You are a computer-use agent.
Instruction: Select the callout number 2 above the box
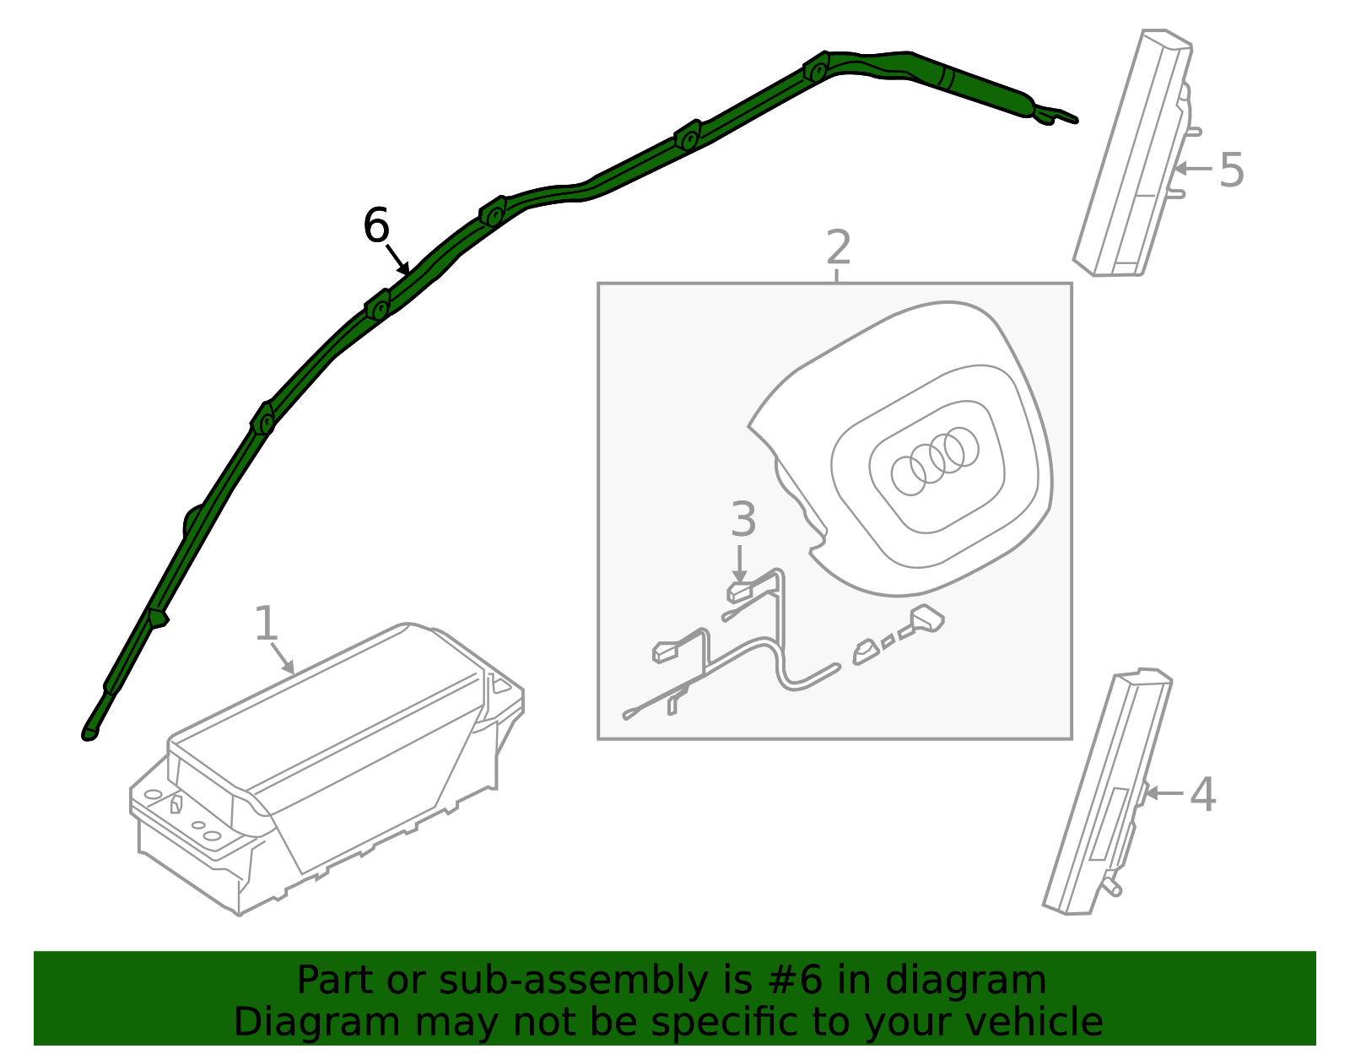point(838,247)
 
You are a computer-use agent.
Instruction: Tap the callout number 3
point(743,519)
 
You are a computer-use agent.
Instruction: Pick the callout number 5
point(1231,170)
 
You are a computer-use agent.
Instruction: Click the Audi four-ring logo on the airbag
point(934,461)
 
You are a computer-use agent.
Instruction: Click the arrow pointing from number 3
point(739,565)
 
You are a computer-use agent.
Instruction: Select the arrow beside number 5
point(1193,168)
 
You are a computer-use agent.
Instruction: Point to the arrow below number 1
point(283,658)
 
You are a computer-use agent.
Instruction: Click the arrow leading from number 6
point(397,260)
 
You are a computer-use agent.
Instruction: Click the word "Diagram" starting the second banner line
point(317,1023)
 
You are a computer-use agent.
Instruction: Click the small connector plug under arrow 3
point(738,592)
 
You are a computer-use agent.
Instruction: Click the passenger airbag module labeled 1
point(327,768)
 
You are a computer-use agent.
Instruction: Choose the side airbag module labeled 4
point(1106,793)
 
